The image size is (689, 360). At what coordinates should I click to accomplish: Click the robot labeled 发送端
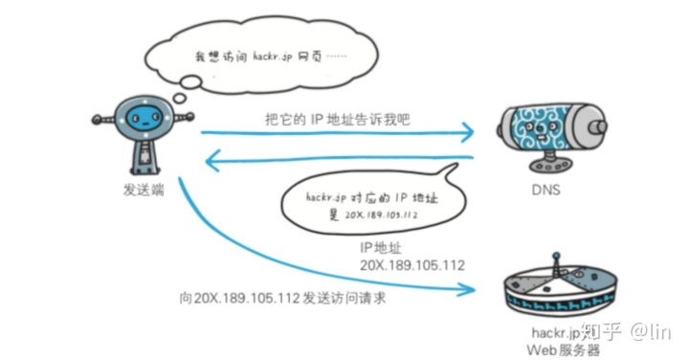(x=144, y=134)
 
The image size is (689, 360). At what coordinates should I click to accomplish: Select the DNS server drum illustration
(x=545, y=129)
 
